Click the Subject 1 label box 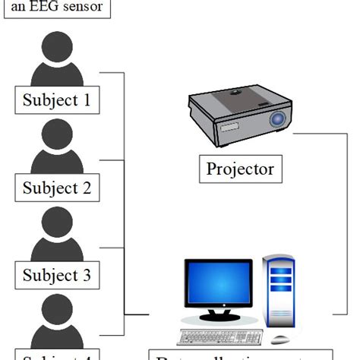(57, 99)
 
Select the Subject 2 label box (57, 187)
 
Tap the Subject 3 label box (57, 274)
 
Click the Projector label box (240, 168)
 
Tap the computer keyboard (220, 336)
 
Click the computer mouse (282, 339)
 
